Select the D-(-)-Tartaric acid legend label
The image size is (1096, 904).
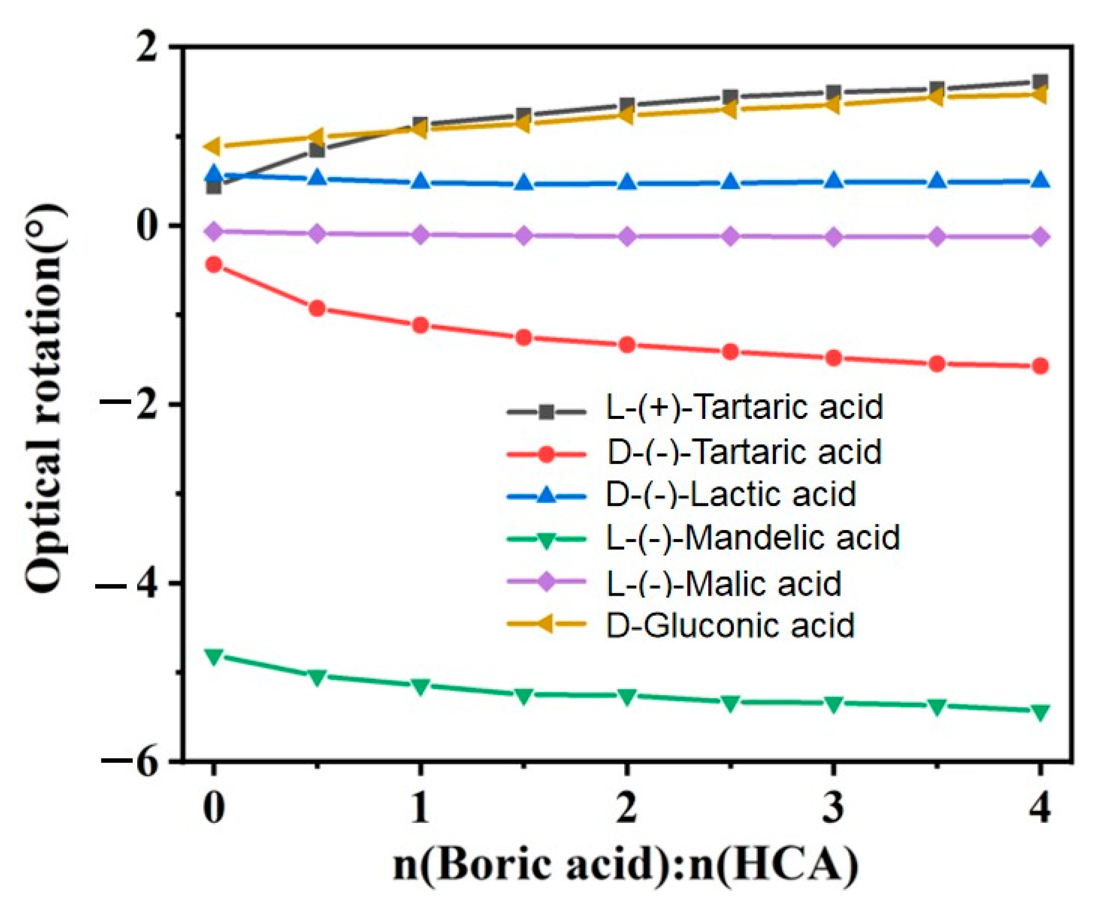tap(744, 451)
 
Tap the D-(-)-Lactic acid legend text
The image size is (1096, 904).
tap(731, 494)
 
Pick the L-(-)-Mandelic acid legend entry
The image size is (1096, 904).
tap(753, 537)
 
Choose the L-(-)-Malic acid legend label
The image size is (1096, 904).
tap(723, 583)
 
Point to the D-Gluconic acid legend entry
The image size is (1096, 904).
tap(730, 625)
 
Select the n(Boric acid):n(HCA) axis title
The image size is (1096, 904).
tap(625, 866)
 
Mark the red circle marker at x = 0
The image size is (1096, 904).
tap(214, 264)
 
